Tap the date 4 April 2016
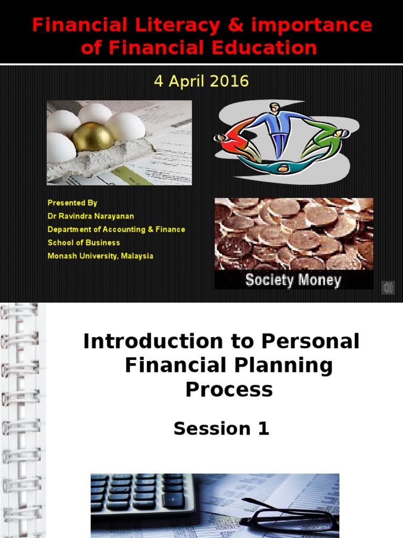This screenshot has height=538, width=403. [201, 81]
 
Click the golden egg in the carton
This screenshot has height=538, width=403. [93, 136]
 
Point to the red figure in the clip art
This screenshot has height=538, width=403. [236, 142]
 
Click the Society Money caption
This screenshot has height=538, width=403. [293, 280]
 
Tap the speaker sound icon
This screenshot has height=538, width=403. [388, 287]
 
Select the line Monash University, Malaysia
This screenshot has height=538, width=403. [100, 256]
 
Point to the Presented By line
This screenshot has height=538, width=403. [72, 203]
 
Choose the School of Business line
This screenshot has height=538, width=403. [84, 243]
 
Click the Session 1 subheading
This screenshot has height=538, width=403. [221, 429]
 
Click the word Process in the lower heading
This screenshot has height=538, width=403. [229, 389]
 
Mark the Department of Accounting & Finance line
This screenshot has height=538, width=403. [116, 230]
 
